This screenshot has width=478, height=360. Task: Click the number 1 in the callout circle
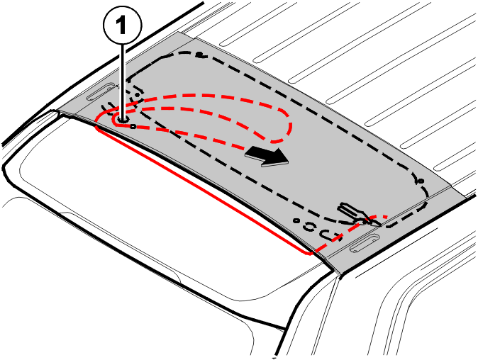pos(122,25)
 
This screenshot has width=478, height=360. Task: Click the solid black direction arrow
pos(267,156)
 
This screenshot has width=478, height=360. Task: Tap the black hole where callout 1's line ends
pos(123,120)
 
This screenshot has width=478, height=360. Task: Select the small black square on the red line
pos(133,126)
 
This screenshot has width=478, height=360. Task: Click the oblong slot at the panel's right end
pos(365,243)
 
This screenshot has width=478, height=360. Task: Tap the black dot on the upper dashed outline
pos(199,55)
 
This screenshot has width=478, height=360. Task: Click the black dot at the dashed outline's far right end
pos(421,181)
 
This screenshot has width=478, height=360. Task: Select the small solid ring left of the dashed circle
pos(296,220)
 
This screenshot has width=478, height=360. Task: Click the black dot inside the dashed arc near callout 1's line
pos(137,95)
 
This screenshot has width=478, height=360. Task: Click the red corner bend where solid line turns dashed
pos(311,252)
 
